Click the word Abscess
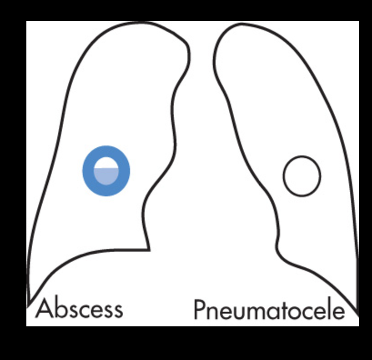[x=79, y=309]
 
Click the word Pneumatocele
[x=269, y=310]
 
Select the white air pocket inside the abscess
[x=106, y=163]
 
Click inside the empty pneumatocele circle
[x=302, y=176]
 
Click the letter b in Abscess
[x=58, y=308]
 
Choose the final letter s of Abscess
[x=117, y=310]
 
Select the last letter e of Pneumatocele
[x=337, y=312]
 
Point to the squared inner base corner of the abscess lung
[x=149, y=249]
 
